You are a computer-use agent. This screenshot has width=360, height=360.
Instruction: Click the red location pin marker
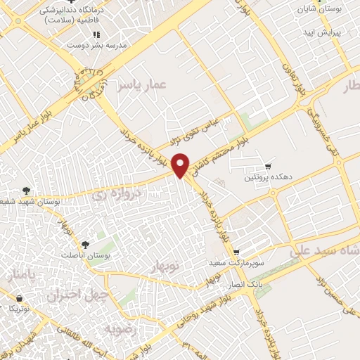pos(181,165)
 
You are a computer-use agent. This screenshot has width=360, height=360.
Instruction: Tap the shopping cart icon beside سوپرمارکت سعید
pos(237,251)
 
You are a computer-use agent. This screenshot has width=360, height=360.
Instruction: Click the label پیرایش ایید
pos(322,32)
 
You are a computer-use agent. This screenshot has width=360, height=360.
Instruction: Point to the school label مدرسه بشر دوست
pos(94,45)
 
